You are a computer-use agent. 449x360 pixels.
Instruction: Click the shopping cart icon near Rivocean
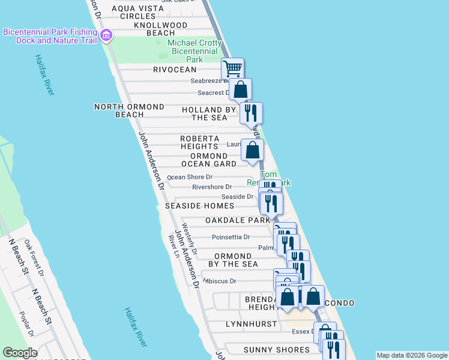pyautogui.click(x=232, y=67)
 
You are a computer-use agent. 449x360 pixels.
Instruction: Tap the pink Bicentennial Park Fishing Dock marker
pyautogui.click(x=106, y=35)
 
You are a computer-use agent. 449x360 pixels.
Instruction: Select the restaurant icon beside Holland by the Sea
pyautogui.click(x=251, y=112)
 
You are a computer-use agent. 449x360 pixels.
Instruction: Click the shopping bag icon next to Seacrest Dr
pyautogui.click(x=240, y=89)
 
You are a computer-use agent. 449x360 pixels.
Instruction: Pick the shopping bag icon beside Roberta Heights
pyautogui.click(x=253, y=149)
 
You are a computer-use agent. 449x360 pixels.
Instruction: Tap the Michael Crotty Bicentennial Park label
pyautogui.click(x=193, y=51)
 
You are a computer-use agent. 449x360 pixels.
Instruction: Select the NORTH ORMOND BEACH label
pyautogui.click(x=129, y=110)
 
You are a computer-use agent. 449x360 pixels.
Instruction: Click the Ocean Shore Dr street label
pyautogui.click(x=190, y=177)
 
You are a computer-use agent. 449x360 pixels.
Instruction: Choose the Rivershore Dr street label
pyautogui.click(x=211, y=187)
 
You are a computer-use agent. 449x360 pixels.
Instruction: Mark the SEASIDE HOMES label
pyautogui.click(x=199, y=206)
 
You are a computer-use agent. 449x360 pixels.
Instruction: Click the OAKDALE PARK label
pyautogui.click(x=238, y=220)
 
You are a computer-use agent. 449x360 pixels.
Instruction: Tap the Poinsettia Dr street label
pyautogui.click(x=231, y=237)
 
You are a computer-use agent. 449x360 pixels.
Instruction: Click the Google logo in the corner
pyautogui.click(x=20, y=353)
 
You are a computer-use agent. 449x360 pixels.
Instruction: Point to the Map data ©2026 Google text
pyautogui.click(x=412, y=355)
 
